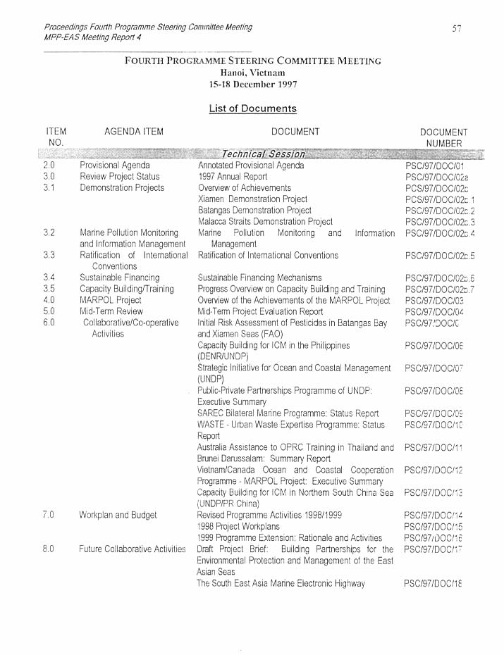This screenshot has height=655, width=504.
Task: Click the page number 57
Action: tap(457, 28)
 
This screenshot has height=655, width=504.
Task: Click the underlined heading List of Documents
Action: tap(252, 108)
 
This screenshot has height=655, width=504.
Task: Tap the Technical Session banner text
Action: tap(263, 154)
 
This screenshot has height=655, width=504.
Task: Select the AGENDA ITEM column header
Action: tap(133, 132)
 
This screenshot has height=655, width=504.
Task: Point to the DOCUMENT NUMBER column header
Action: tap(443, 137)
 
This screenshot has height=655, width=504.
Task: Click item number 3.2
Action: tap(49, 232)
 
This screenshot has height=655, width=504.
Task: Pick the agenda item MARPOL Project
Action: tap(110, 300)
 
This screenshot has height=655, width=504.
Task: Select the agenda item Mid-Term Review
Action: tap(111, 311)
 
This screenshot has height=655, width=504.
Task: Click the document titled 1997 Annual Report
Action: tap(233, 177)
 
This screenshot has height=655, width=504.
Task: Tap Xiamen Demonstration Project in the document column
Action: tap(252, 199)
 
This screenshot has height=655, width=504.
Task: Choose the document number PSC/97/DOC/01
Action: tap(434, 166)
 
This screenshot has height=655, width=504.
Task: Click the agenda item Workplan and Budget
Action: tap(118, 515)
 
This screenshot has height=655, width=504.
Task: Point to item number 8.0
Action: tap(49, 549)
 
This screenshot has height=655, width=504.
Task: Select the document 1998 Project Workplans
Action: tap(238, 526)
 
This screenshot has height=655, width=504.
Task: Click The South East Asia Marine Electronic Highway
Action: tap(281, 583)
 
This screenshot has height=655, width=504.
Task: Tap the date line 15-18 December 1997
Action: tap(252, 83)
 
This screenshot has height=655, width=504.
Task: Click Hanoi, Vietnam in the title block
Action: tap(252, 72)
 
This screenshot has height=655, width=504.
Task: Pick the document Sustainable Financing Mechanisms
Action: tap(259, 277)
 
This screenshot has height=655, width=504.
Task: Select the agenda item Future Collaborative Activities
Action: tap(132, 549)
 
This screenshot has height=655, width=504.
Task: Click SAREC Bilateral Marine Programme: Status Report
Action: tap(288, 413)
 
